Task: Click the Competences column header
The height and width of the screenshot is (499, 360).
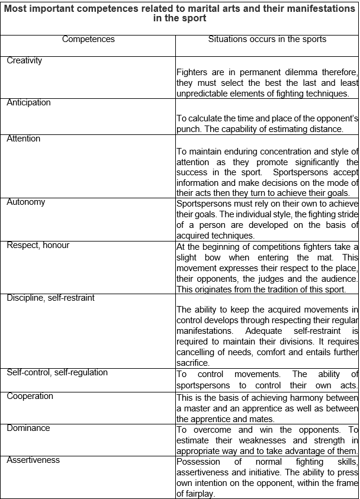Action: [88, 40]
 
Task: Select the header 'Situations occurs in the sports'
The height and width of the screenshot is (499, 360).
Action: [267, 40]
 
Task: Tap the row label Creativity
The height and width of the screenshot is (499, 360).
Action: [24, 60]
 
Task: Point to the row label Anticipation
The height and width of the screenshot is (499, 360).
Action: [28, 102]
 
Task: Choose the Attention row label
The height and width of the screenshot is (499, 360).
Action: [24, 139]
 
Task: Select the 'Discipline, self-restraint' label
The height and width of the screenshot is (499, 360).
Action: [50, 298]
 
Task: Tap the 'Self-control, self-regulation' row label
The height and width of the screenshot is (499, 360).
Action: [57, 372]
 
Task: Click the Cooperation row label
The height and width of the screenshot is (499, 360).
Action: [30, 396]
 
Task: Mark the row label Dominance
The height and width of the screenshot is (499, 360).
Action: [28, 428]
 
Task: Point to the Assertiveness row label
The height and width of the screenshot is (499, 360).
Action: [33, 460]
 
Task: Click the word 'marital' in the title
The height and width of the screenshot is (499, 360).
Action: [184, 8]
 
